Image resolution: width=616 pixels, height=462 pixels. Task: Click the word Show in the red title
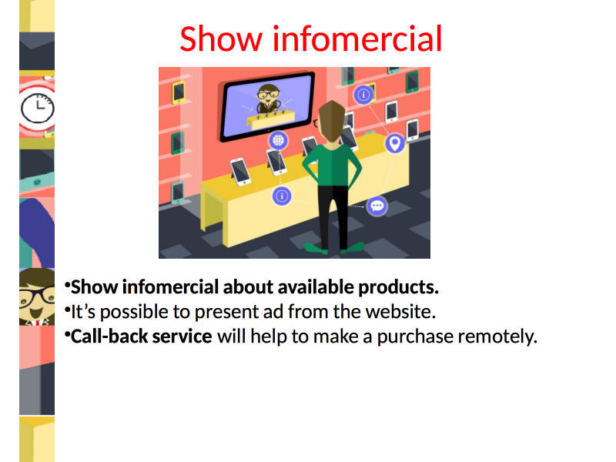[x=221, y=38]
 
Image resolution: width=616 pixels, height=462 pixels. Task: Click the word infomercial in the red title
[x=357, y=38]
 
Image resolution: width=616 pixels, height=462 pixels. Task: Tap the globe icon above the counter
[x=278, y=140]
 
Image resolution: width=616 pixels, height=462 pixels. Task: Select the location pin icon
[x=395, y=143]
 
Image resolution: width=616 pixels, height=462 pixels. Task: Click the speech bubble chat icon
[x=377, y=206]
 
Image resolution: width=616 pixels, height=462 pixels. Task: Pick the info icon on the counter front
[x=282, y=196]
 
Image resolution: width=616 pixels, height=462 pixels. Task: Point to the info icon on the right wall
[x=363, y=95]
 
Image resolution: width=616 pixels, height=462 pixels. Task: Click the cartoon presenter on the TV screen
[x=268, y=99]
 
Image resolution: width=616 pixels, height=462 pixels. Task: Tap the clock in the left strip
[x=37, y=108]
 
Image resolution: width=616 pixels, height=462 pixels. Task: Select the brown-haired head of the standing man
[x=333, y=122]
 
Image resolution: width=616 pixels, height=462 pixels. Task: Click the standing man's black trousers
[x=333, y=217]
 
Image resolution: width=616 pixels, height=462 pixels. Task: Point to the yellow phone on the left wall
[x=179, y=92]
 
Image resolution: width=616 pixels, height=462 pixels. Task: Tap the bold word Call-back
[x=109, y=336]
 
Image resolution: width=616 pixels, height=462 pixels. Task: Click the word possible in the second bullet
[x=134, y=313]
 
